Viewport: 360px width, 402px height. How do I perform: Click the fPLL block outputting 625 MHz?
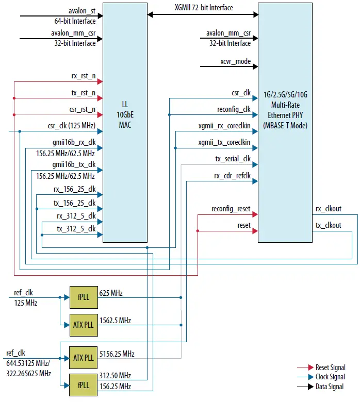[x=83, y=297]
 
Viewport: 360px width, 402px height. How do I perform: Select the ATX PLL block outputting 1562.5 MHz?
[x=83, y=325]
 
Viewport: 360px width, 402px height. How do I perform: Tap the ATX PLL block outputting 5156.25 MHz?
[x=83, y=358]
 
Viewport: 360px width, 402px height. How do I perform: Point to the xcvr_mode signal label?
[x=235, y=61]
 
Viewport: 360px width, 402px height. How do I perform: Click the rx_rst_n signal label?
[x=83, y=76]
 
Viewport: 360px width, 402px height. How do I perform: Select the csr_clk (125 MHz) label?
[x=71, y=125]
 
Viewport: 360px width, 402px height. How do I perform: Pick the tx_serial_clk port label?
[x=233, y=159]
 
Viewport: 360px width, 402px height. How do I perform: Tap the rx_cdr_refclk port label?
[x=232, y=176]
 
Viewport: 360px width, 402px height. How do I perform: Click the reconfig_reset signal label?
[x=231, y=209]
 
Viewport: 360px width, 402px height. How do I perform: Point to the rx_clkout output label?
[x=328, y=209]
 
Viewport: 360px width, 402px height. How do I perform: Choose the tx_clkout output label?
[x=328, y=225]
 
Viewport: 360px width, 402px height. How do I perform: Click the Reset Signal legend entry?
[x=330, y=367]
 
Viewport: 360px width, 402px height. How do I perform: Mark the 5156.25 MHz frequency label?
[x=117, y=354]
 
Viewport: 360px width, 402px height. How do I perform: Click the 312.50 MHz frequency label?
[x=115, y=376]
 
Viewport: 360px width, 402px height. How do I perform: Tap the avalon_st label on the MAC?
[x=81, y=10]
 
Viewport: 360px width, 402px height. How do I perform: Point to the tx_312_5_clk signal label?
[x=76, y=228]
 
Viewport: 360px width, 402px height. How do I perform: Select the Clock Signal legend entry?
[x=330, y=377]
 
